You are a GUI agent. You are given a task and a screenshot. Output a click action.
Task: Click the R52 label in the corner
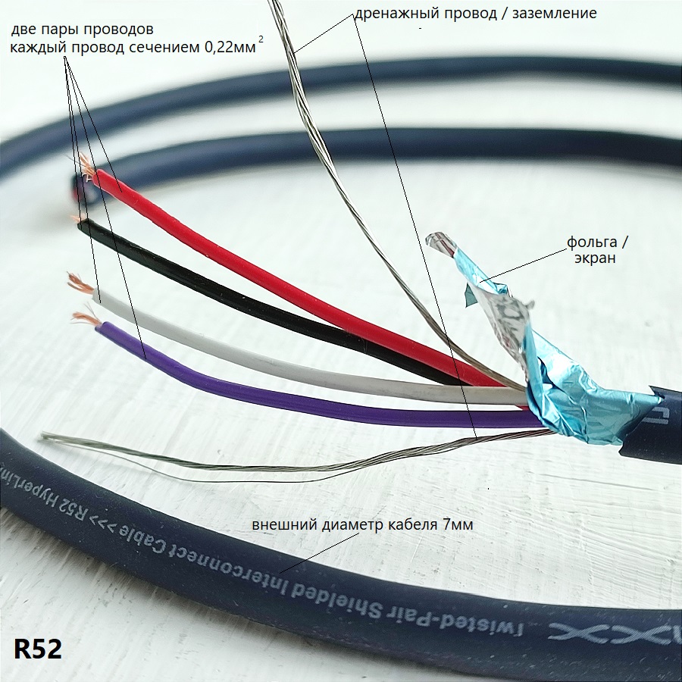tap(37, 649)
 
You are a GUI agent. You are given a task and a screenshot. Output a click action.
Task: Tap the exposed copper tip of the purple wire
tap(82, 317)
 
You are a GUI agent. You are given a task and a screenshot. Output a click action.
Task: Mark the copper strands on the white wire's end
tap(77, 283)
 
